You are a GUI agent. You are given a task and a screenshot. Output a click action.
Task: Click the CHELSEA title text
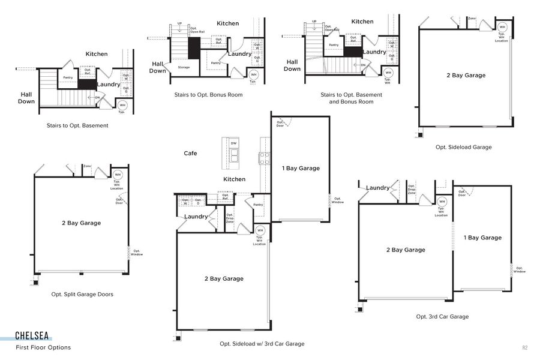click(32, 337)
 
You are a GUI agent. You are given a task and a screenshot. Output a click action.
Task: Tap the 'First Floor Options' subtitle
click(43, 347)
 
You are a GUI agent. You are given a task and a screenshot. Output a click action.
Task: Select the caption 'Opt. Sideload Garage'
click(463, 147)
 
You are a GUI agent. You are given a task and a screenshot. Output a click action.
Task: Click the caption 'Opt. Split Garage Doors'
click(82, 294)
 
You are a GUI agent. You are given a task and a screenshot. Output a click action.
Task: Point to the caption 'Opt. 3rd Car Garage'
click(442, 316)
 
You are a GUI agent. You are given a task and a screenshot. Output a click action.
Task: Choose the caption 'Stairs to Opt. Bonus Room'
click(208, 95)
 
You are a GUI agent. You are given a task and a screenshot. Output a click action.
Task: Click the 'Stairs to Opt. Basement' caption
click(77, 125)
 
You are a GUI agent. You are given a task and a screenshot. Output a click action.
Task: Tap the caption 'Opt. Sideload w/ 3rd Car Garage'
click(262, 344)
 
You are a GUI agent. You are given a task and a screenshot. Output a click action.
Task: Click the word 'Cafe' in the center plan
click(190, 154)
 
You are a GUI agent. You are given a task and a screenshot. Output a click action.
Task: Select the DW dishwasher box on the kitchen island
click(234, 143)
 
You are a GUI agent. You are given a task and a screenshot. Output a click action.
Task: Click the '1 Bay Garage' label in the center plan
click(301, 169)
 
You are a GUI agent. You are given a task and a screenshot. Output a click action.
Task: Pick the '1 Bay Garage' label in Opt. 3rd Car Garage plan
click(482, 238)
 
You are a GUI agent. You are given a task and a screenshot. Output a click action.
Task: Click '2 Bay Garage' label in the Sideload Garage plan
click(466, 76)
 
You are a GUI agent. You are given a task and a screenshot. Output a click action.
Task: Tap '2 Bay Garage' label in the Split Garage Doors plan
click(81, 223)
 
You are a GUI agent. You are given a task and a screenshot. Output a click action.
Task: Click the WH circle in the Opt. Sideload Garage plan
click(502, 27)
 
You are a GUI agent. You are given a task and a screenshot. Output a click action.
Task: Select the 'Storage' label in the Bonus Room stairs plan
click(184, 67)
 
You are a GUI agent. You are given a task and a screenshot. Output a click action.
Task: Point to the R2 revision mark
click(524, 347)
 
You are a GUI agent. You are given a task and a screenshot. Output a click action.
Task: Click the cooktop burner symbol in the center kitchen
click(264, 158)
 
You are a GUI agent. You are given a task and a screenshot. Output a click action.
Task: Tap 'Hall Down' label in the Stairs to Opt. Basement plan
click(26, 98)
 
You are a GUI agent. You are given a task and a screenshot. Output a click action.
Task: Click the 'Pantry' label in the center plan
click(258, 205)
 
